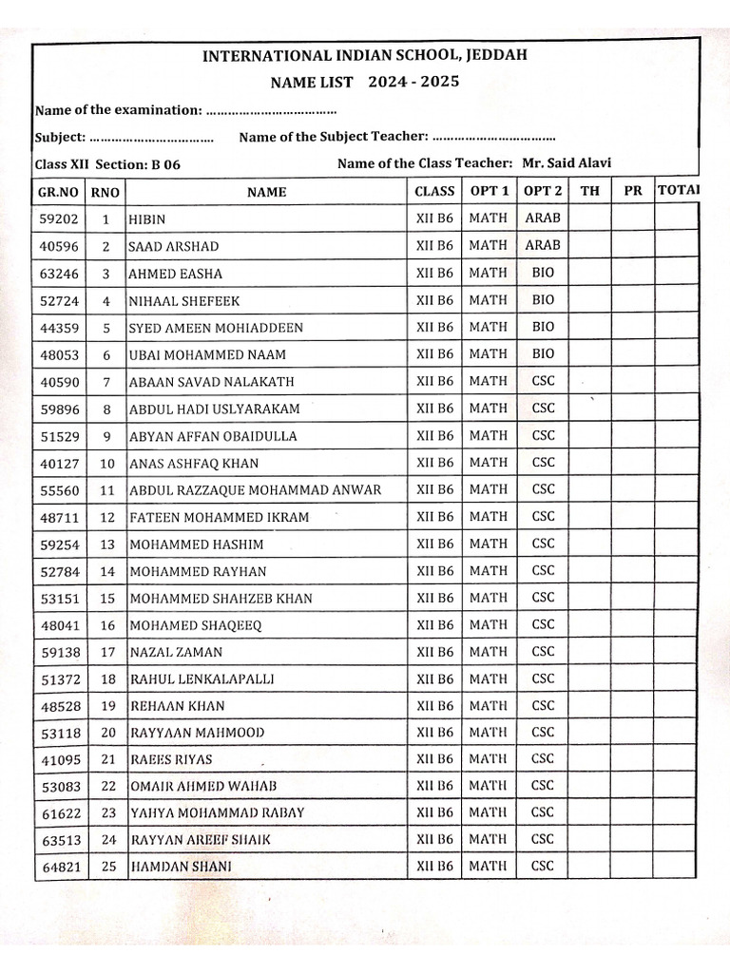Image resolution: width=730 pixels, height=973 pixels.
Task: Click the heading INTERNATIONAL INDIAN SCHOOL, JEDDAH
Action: pos(364,56)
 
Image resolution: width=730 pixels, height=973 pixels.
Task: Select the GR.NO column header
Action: pos(58,191)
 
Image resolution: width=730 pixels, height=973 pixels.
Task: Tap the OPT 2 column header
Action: pos(543,191)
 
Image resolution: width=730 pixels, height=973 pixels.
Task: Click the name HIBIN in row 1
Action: pos(146,219)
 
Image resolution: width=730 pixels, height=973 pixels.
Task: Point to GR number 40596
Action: pos(58,246)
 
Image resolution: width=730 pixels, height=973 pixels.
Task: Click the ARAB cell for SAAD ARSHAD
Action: pos(543,245)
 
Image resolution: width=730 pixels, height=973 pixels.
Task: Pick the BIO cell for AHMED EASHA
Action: pos(543,273)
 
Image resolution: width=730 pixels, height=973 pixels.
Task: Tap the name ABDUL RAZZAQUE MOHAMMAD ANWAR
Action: pos(255,490)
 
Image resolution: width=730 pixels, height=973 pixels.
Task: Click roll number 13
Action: pos(106,544)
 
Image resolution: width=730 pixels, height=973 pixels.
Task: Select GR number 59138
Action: pos(58,653)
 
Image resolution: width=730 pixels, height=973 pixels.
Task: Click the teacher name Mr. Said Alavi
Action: pos(567,163)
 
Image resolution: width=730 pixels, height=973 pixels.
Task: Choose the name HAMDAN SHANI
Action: pos(180,867)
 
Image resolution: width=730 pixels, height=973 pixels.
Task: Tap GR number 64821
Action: pos(58,867)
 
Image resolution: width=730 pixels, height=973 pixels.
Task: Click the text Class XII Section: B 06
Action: pos(107,164)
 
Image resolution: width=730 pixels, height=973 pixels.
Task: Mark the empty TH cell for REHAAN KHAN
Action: pos(589,706)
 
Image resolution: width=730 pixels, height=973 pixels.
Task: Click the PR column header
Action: pos(632,191)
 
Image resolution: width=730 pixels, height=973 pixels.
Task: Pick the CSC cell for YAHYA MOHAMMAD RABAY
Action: pos(543,812)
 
